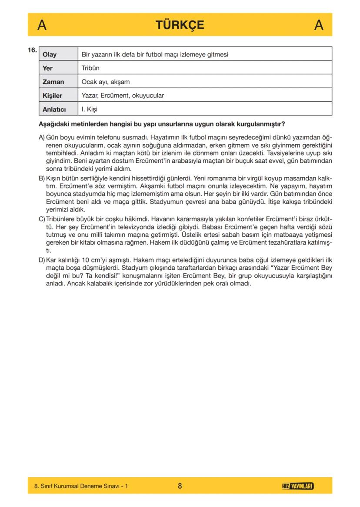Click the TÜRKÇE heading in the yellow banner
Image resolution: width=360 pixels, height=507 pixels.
180,25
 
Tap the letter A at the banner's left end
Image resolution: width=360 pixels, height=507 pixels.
42,26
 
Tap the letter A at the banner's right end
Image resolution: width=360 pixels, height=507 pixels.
319,26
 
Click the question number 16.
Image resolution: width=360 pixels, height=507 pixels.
32,50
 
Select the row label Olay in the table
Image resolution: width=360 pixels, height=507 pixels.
50,55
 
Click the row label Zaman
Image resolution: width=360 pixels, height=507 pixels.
53,82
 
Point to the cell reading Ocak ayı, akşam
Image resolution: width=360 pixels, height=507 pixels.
106,82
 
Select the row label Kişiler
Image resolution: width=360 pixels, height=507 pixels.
52,96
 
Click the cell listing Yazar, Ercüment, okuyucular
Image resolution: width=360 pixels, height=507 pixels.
123,96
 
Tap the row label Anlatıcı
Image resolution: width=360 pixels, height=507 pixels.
54,109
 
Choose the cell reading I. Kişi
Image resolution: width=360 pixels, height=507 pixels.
90,109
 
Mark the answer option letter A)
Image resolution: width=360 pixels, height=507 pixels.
42,137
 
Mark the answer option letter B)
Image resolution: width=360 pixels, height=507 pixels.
42,178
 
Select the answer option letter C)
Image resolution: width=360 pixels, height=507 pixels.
42,219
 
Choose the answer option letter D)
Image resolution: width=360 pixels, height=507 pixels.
42,260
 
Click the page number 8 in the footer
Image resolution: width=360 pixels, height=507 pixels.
180,486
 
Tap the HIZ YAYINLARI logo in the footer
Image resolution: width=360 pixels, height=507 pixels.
298,486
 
